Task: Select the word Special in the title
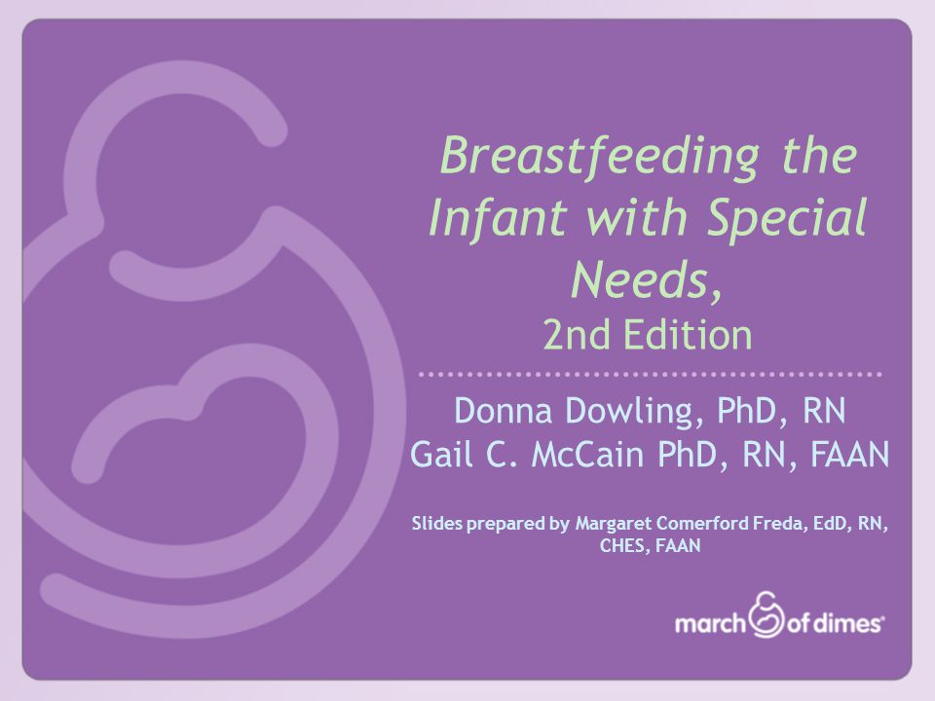tap(787, 219)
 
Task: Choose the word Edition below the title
tap(688, 334)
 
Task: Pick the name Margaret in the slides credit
tap(613, 524)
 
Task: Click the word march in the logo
tap(710, 624)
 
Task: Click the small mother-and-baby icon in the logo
tap(766, 614)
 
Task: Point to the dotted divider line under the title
tap(650, 375)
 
